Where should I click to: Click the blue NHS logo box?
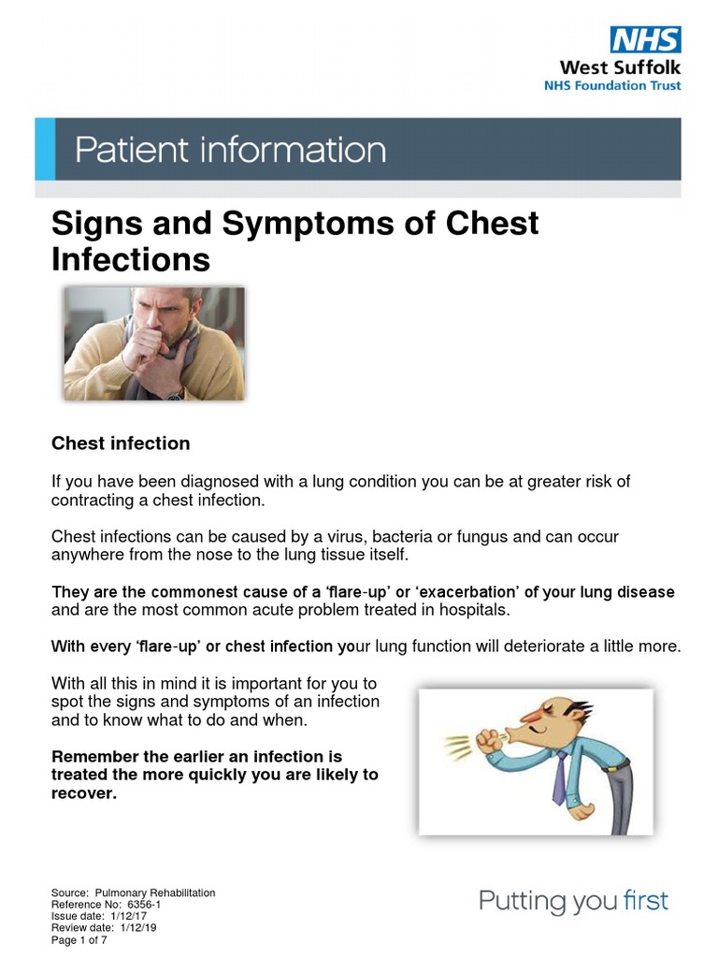(x=645, y=39)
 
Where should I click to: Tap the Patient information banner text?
(x=229, y=151)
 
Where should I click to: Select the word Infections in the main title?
(x=131, y=259)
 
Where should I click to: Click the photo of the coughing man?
(x=154, y=344)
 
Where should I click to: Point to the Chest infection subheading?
(x=121, y=443)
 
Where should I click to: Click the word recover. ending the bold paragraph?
(x=84, y=793)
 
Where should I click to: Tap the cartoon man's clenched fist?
(x=488, y=740)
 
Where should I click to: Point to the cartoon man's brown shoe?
(x=582, y=811)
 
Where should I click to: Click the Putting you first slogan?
(x=574, y=902)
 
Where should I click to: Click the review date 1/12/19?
(x=139, y=928)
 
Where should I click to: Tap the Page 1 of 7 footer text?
(x=79, y=940)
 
